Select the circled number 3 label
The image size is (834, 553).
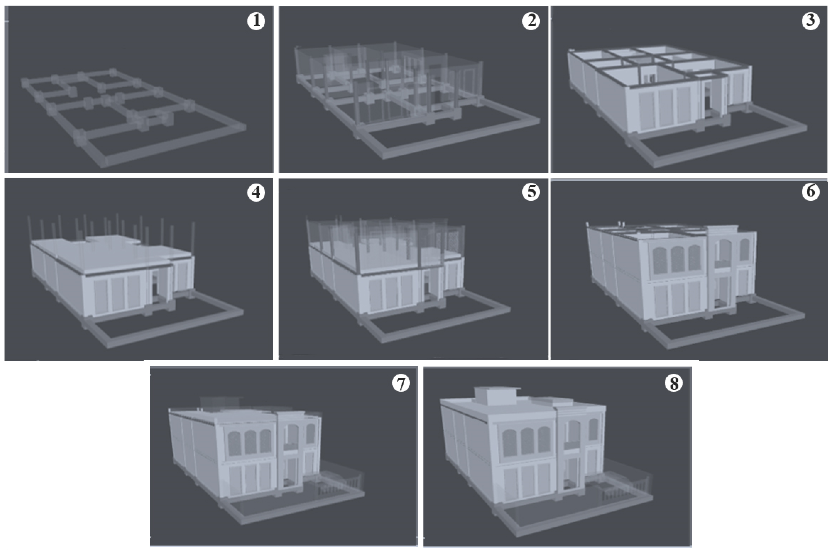[810, 21]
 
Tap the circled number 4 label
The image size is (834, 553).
[256, 193]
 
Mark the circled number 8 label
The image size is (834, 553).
[674, 383]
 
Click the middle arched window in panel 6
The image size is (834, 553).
[677, 259]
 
